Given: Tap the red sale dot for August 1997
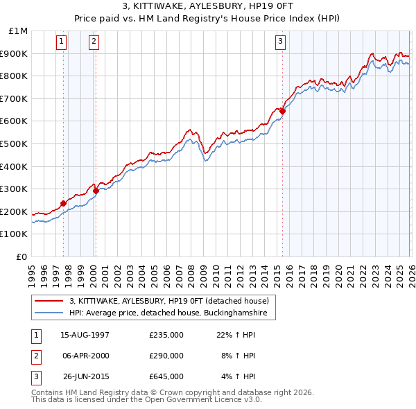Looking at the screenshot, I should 63,203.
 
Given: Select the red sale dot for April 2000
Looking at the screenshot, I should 96,191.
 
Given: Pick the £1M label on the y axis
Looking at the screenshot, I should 18,31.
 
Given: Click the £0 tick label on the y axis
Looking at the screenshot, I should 22,256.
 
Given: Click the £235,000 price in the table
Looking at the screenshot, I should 166,335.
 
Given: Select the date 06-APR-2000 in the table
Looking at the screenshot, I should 85,356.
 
